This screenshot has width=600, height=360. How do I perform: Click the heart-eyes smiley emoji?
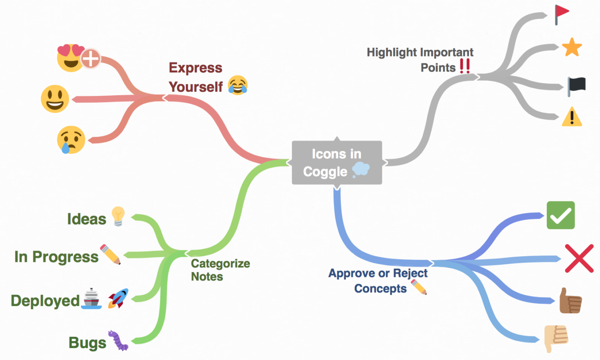(x=70, y=57)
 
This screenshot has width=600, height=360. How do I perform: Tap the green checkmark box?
(x=561, y=215)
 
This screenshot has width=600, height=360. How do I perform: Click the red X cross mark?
(x=579, y=258)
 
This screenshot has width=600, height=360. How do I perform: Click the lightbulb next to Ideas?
(x=117, y=216)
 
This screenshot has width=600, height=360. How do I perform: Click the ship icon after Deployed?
(x=92, y=299)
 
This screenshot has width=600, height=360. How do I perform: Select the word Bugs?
(x=87, y=343)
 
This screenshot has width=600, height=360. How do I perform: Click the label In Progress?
(x=56, y=257)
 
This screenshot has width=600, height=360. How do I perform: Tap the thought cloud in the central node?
(x=361, y=171)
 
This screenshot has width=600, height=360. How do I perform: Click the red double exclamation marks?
(x=464, y=67)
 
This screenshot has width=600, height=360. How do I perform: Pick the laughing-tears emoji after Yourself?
(x=238, y=85)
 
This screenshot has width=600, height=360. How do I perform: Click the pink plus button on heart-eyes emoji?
(x=90, y=60)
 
